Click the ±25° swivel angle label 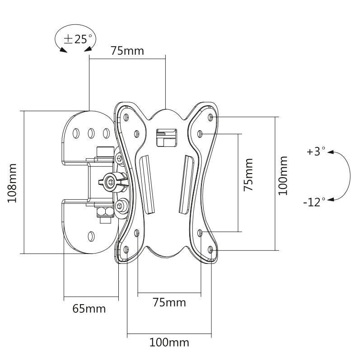click(x=77, y=39)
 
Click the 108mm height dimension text click(x=13, y=183)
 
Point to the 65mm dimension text click(x=89, y=309)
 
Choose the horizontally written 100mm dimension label click(x=169, y=342)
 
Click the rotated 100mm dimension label click(x=283, y=175)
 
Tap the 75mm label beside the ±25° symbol click(x=127, y=51)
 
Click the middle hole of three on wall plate click(x=91, y=133)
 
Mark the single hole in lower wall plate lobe click(x=91, y=235)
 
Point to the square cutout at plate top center click(x=165, y=137)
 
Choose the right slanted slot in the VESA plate click(x=187, y=183)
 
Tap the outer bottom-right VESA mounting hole click(x=212, y=248)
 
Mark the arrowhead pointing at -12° click(x=330, y=200)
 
